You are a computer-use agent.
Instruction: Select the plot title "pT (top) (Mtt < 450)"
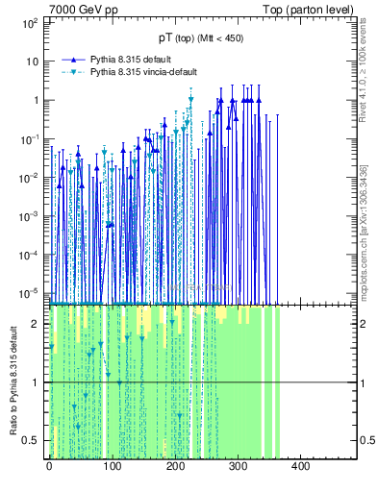click(x=200, y=39)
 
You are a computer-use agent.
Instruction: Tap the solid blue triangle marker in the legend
click(x=73, y=59)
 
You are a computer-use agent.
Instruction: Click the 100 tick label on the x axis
click(x=112, y=467)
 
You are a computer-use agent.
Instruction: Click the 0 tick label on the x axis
click(x=49, y=467)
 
